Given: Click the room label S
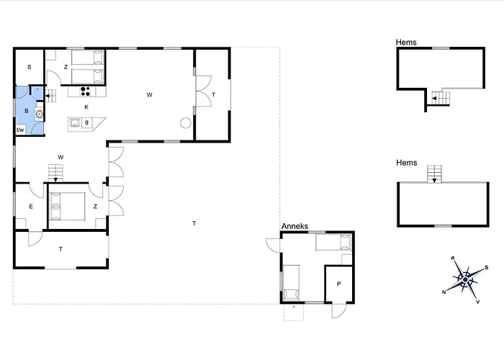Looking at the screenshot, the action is [x=30, y=67].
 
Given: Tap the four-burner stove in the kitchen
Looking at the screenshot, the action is [x=85, y=91].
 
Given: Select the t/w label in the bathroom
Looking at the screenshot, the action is [x=20, y=130].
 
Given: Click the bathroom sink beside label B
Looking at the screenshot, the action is [x=39, y=114].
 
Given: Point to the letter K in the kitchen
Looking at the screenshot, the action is [x=86, y=107].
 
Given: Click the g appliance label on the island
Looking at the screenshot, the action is [x=86, y=122].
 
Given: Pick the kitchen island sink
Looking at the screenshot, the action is [x=75, y=122].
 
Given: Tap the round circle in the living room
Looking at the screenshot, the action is [x=186, y=123].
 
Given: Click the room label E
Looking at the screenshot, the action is [x=31, y=207].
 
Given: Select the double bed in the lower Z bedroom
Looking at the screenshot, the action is [x=68, y=207].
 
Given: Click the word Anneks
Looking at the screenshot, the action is [x=294, y=226].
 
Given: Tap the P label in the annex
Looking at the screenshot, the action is [x=339, y=284].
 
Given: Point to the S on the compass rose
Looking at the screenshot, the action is [x=487, y=267].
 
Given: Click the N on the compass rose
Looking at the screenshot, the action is [x=444, y=292].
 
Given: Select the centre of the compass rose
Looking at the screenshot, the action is [x=465, y=279].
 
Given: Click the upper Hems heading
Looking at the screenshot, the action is [x=406, y=42].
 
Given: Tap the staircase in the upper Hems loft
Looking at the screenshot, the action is [x=441, y=98].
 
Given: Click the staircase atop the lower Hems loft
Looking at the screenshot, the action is [x=434, y=174].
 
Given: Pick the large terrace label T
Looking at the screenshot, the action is [x=194, y=223].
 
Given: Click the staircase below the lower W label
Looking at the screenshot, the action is [x=55, y=173].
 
